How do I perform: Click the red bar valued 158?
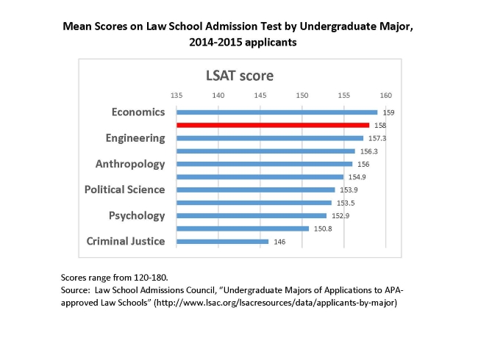click(x=273, y=125)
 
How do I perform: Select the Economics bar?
click(x=277, y=112)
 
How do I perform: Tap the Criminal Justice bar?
click(x=223, y=241)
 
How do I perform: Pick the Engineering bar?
click(x=270, y=138)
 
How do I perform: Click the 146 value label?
click(x=279, y=242)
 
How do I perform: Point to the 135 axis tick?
click(x=176, y=95)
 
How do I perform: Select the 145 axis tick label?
click(x=260, y=95)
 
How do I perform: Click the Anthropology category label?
click(x=130, y=164)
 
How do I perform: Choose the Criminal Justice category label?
click(x=126, y=241)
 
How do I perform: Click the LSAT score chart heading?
click(x=238, y=75)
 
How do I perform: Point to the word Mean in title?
click(x=77, y=28)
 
